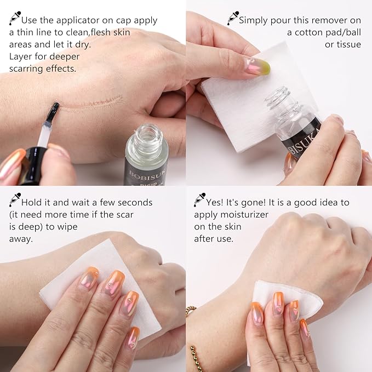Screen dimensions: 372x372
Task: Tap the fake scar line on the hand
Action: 93,102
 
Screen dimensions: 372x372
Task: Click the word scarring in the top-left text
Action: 28,69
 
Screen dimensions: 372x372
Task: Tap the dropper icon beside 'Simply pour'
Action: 233,18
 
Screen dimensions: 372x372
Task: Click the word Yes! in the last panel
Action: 218,203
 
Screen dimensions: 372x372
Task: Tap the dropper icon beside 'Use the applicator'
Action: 15,18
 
